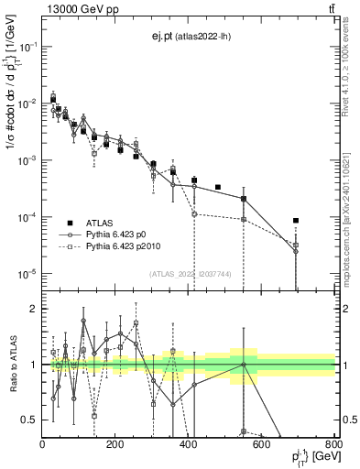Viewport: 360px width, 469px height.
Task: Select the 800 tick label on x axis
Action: click(333, 444)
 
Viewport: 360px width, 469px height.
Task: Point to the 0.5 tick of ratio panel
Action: click(31, 420)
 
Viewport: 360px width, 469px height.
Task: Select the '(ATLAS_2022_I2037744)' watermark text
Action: click(191, 274)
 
